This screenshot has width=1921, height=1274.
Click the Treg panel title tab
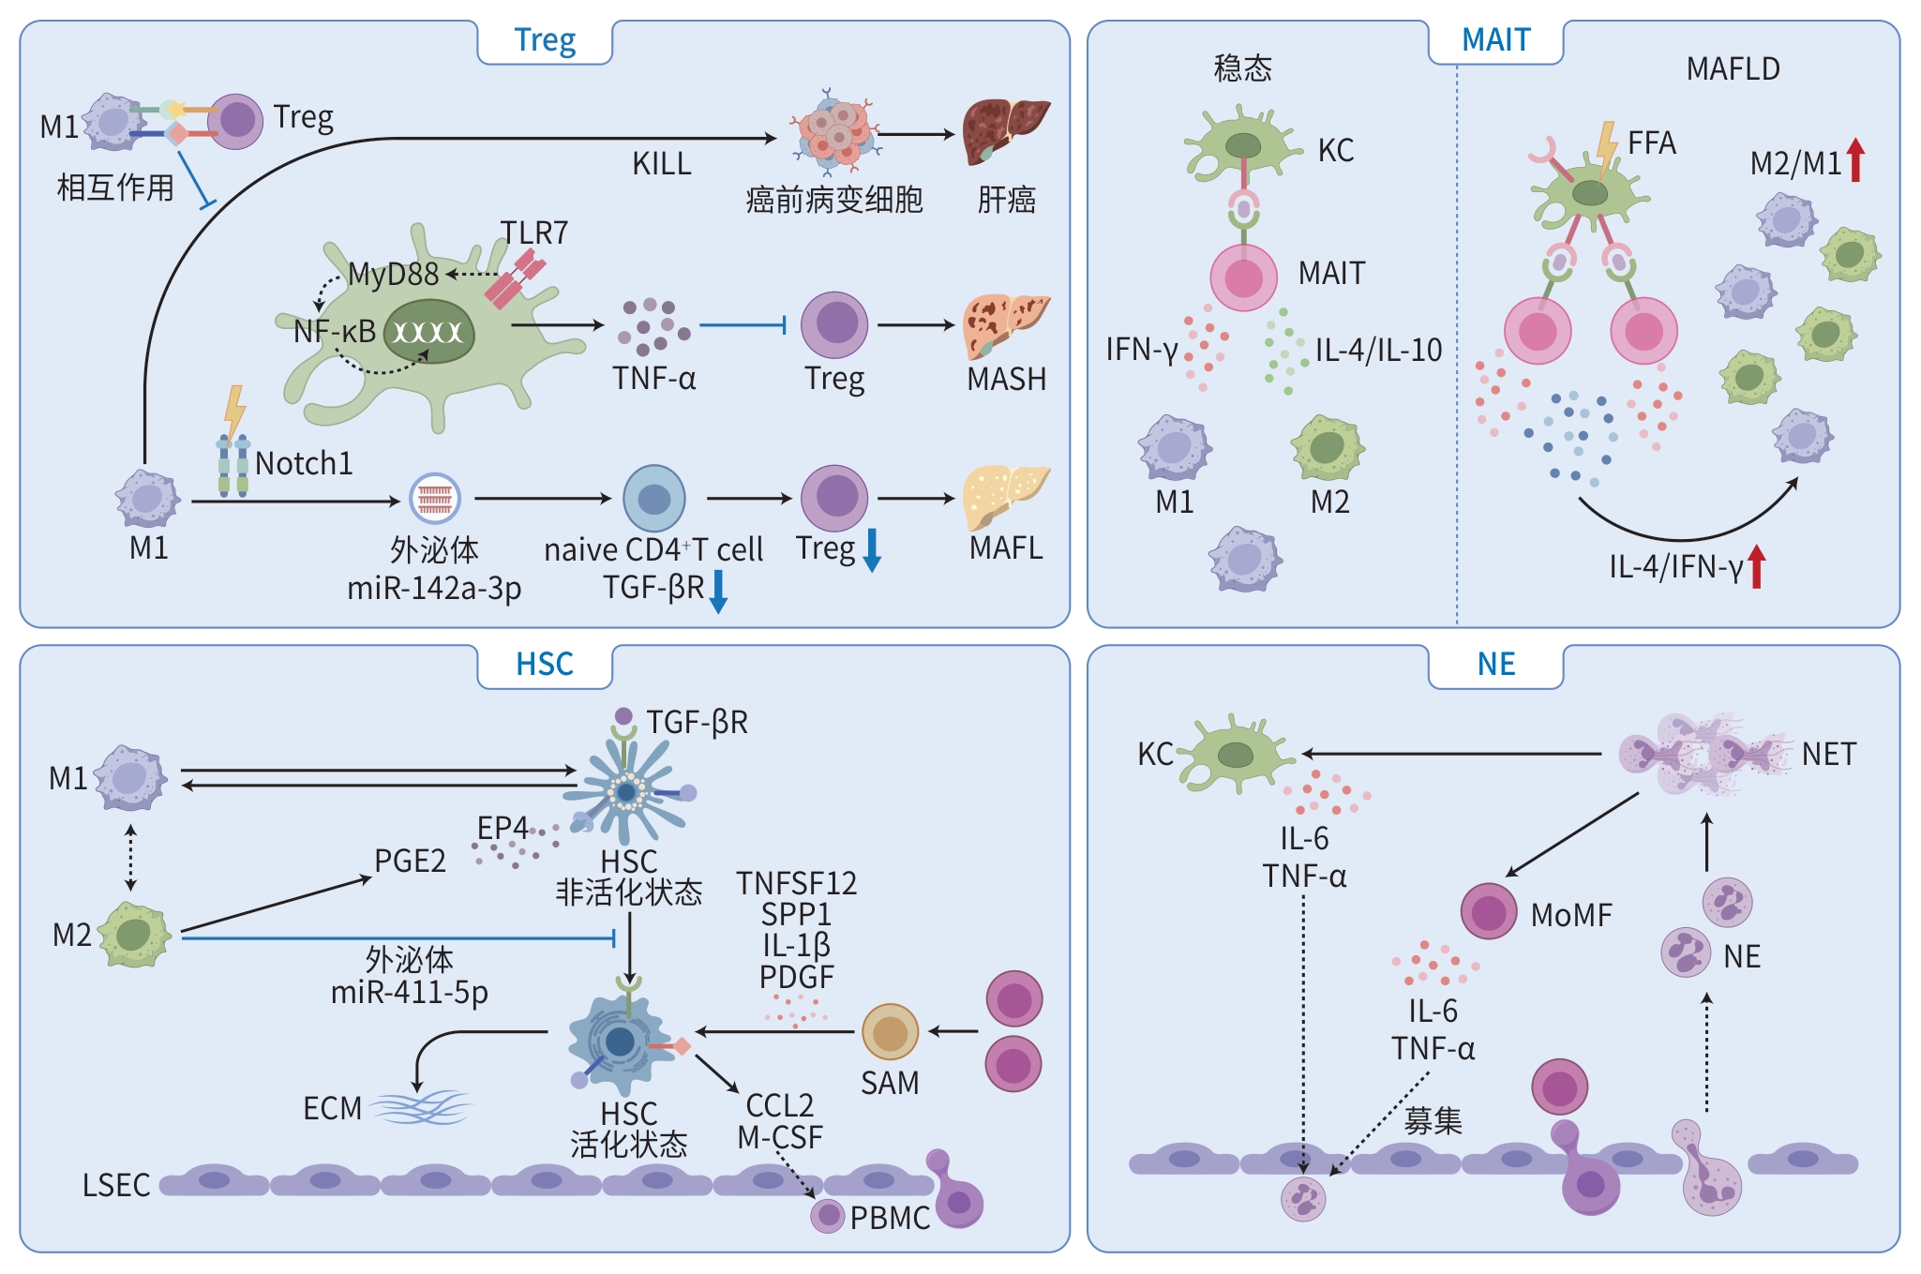click(545, 41)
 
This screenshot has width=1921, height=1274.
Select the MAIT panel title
click(1495, 41)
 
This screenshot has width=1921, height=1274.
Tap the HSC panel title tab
click(545, 665)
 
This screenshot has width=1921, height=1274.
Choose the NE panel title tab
click(1495, 665)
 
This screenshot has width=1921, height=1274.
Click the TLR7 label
click(533, 232)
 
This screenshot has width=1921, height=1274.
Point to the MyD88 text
click(393, 274)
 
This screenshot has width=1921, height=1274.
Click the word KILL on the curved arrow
click(661, 164)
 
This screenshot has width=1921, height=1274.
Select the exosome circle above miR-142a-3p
click(435, 499)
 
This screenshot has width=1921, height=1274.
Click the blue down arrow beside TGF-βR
click(718, 591)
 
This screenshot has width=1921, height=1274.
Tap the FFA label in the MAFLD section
click(1651, 143)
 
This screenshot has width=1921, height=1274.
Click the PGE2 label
click(410, 861)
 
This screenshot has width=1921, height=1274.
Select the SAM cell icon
click(890, 1032)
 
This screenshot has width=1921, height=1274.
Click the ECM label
click(332, 1109)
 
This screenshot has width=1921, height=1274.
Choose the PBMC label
click(890, 1218)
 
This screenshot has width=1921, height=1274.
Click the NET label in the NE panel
click(1828, 754)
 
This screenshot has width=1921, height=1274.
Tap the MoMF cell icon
click(1489, 911)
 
